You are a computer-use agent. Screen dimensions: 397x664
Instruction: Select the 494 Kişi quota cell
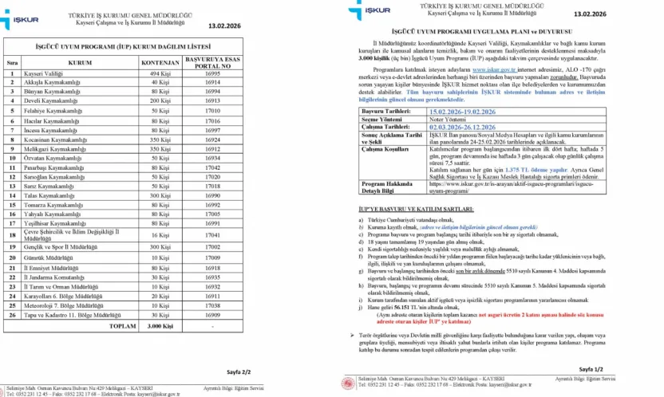(160, 73)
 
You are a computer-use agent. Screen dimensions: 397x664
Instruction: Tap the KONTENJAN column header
(160, 61)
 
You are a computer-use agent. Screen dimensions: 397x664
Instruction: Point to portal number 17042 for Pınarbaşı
(212, 168)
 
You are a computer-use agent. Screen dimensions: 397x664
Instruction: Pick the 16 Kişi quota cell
(160, 236)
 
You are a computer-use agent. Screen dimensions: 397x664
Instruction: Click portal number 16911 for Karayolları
(212, 296)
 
